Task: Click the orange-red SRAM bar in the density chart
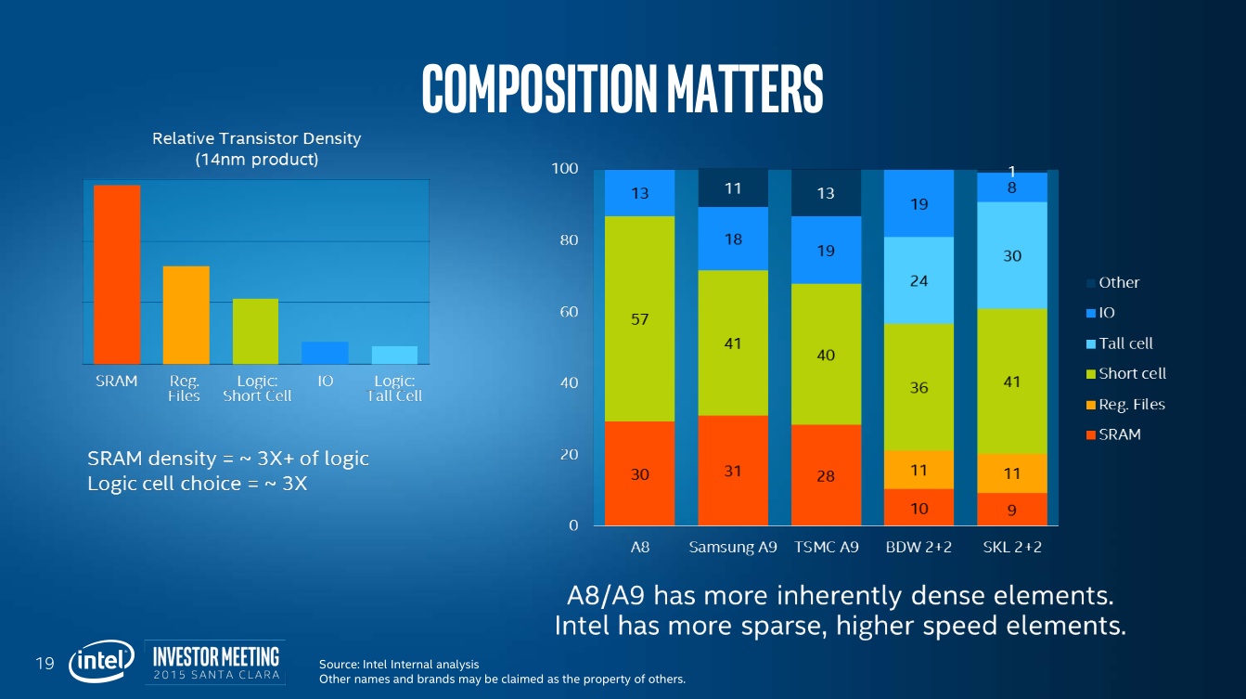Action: (x=117, y=274)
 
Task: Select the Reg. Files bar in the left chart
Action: (x=186, y=315)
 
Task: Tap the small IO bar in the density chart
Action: (x=325, y=353)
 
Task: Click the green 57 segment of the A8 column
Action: (x=639, y=318)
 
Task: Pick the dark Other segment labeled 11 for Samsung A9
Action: (x=733, y=188)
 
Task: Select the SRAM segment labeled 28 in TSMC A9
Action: (x=826, y=474)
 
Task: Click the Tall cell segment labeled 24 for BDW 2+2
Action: (x=918, y=280)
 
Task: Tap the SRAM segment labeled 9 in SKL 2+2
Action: (x=1012, y=508)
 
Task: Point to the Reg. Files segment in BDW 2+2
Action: (x=918, y=470)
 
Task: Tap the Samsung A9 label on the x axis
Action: (x=733, y=548)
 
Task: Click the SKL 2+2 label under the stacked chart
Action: (x=1012, y=548)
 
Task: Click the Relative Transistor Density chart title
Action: (x=256, y=149)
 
